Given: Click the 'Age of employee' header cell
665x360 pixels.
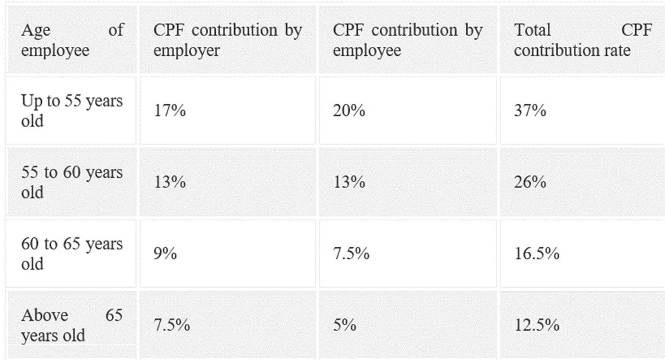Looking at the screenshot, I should point(71,40).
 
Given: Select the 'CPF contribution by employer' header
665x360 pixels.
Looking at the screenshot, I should point(227,40).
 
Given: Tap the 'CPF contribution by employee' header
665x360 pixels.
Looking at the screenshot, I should point(407,40).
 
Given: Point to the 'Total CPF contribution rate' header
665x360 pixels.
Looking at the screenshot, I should point(582,40).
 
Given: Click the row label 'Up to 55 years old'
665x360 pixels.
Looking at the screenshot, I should point(71,110).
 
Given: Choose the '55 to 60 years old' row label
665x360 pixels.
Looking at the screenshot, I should point(71,182).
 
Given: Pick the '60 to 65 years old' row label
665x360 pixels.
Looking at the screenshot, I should point(71,254).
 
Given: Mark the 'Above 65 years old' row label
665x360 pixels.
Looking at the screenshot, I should point(71,325).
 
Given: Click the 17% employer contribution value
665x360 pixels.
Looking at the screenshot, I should point(170,111).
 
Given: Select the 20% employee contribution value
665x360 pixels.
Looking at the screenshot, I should point(349,111).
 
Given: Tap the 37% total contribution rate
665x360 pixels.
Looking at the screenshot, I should point(530,111).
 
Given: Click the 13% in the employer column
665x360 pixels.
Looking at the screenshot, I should point(170,182).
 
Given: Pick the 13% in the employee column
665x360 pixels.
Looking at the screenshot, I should point(349,182).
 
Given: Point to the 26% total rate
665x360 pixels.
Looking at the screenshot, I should point(530,182).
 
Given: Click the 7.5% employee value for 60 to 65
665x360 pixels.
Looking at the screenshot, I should point(351,254).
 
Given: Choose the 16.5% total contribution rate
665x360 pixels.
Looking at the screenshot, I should point(537,254).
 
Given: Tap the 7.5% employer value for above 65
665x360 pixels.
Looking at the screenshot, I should point(172,325).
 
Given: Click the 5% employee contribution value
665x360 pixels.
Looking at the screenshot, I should point(345,325).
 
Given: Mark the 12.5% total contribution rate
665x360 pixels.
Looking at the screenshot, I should point(537,325).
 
